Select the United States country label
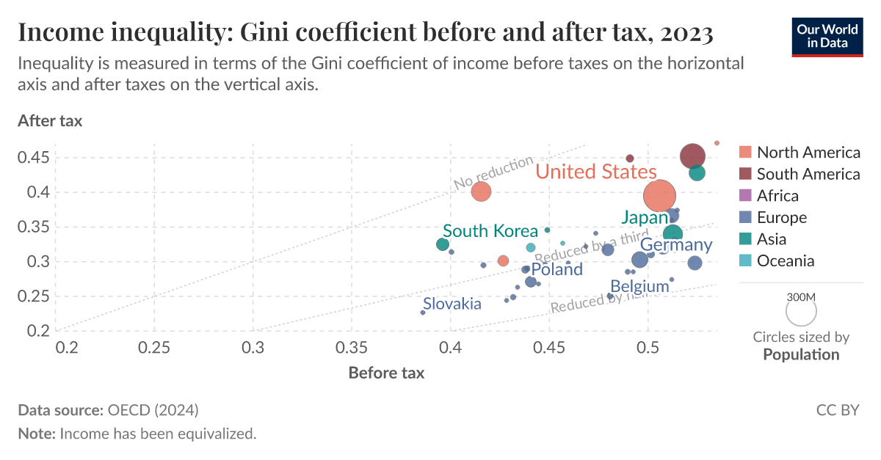(595, 172)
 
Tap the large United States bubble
(659, 196)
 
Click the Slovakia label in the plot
(452, 304)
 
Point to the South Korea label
(490, 231)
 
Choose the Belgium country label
(639, 286)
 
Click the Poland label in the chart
(556, 269)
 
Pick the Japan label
(645, 217)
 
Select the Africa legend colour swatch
(745, 196)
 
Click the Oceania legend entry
(785, 260)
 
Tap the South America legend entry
(808, 174)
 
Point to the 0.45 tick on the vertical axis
(35, 158)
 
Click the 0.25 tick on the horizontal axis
(155, 346)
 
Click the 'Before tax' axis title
(386, 373)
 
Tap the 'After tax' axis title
(50, 121)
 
